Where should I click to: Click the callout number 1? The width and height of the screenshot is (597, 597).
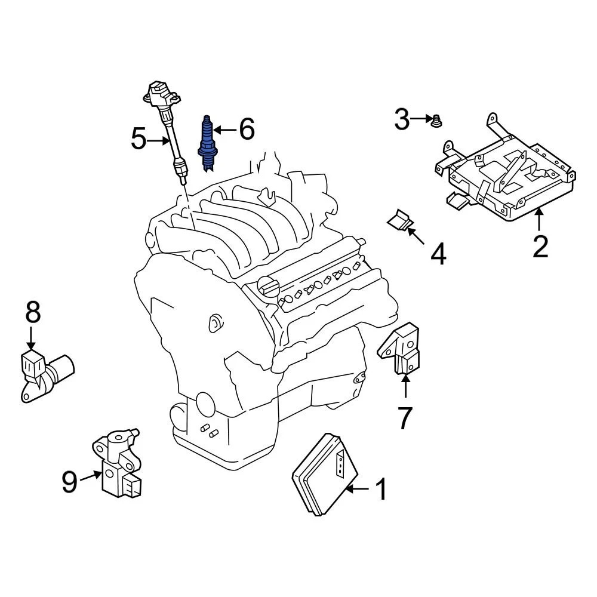pyautogui.click(x=380, y=490)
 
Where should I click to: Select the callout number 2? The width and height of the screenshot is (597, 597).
pyautogui.click(x=540, y=247)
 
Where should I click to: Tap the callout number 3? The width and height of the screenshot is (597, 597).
pyautogui.click(x=402, y=120)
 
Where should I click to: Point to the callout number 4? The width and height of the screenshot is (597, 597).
pyautogui.click(x=438, y=254)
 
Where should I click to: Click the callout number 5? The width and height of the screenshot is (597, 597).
pyautogui.click(x=139, y=140)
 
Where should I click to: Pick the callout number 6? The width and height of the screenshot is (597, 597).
pyautogui.click(x=247, y=129)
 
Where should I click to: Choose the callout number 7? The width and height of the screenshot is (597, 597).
pyautogui.click(x=405, y=417)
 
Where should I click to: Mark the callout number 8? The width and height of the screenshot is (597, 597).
pyautogui.click(x=32, y=312)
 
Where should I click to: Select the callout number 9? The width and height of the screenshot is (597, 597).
pyautogui.click(x=70, y=482)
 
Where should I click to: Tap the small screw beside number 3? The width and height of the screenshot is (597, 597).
pyautogui.click(x=436, y=121)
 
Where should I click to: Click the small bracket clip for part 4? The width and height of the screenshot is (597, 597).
pyautogui.click(x=400, y=220)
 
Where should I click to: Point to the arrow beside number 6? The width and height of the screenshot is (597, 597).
pyautogui.click(x=226, y=130)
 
